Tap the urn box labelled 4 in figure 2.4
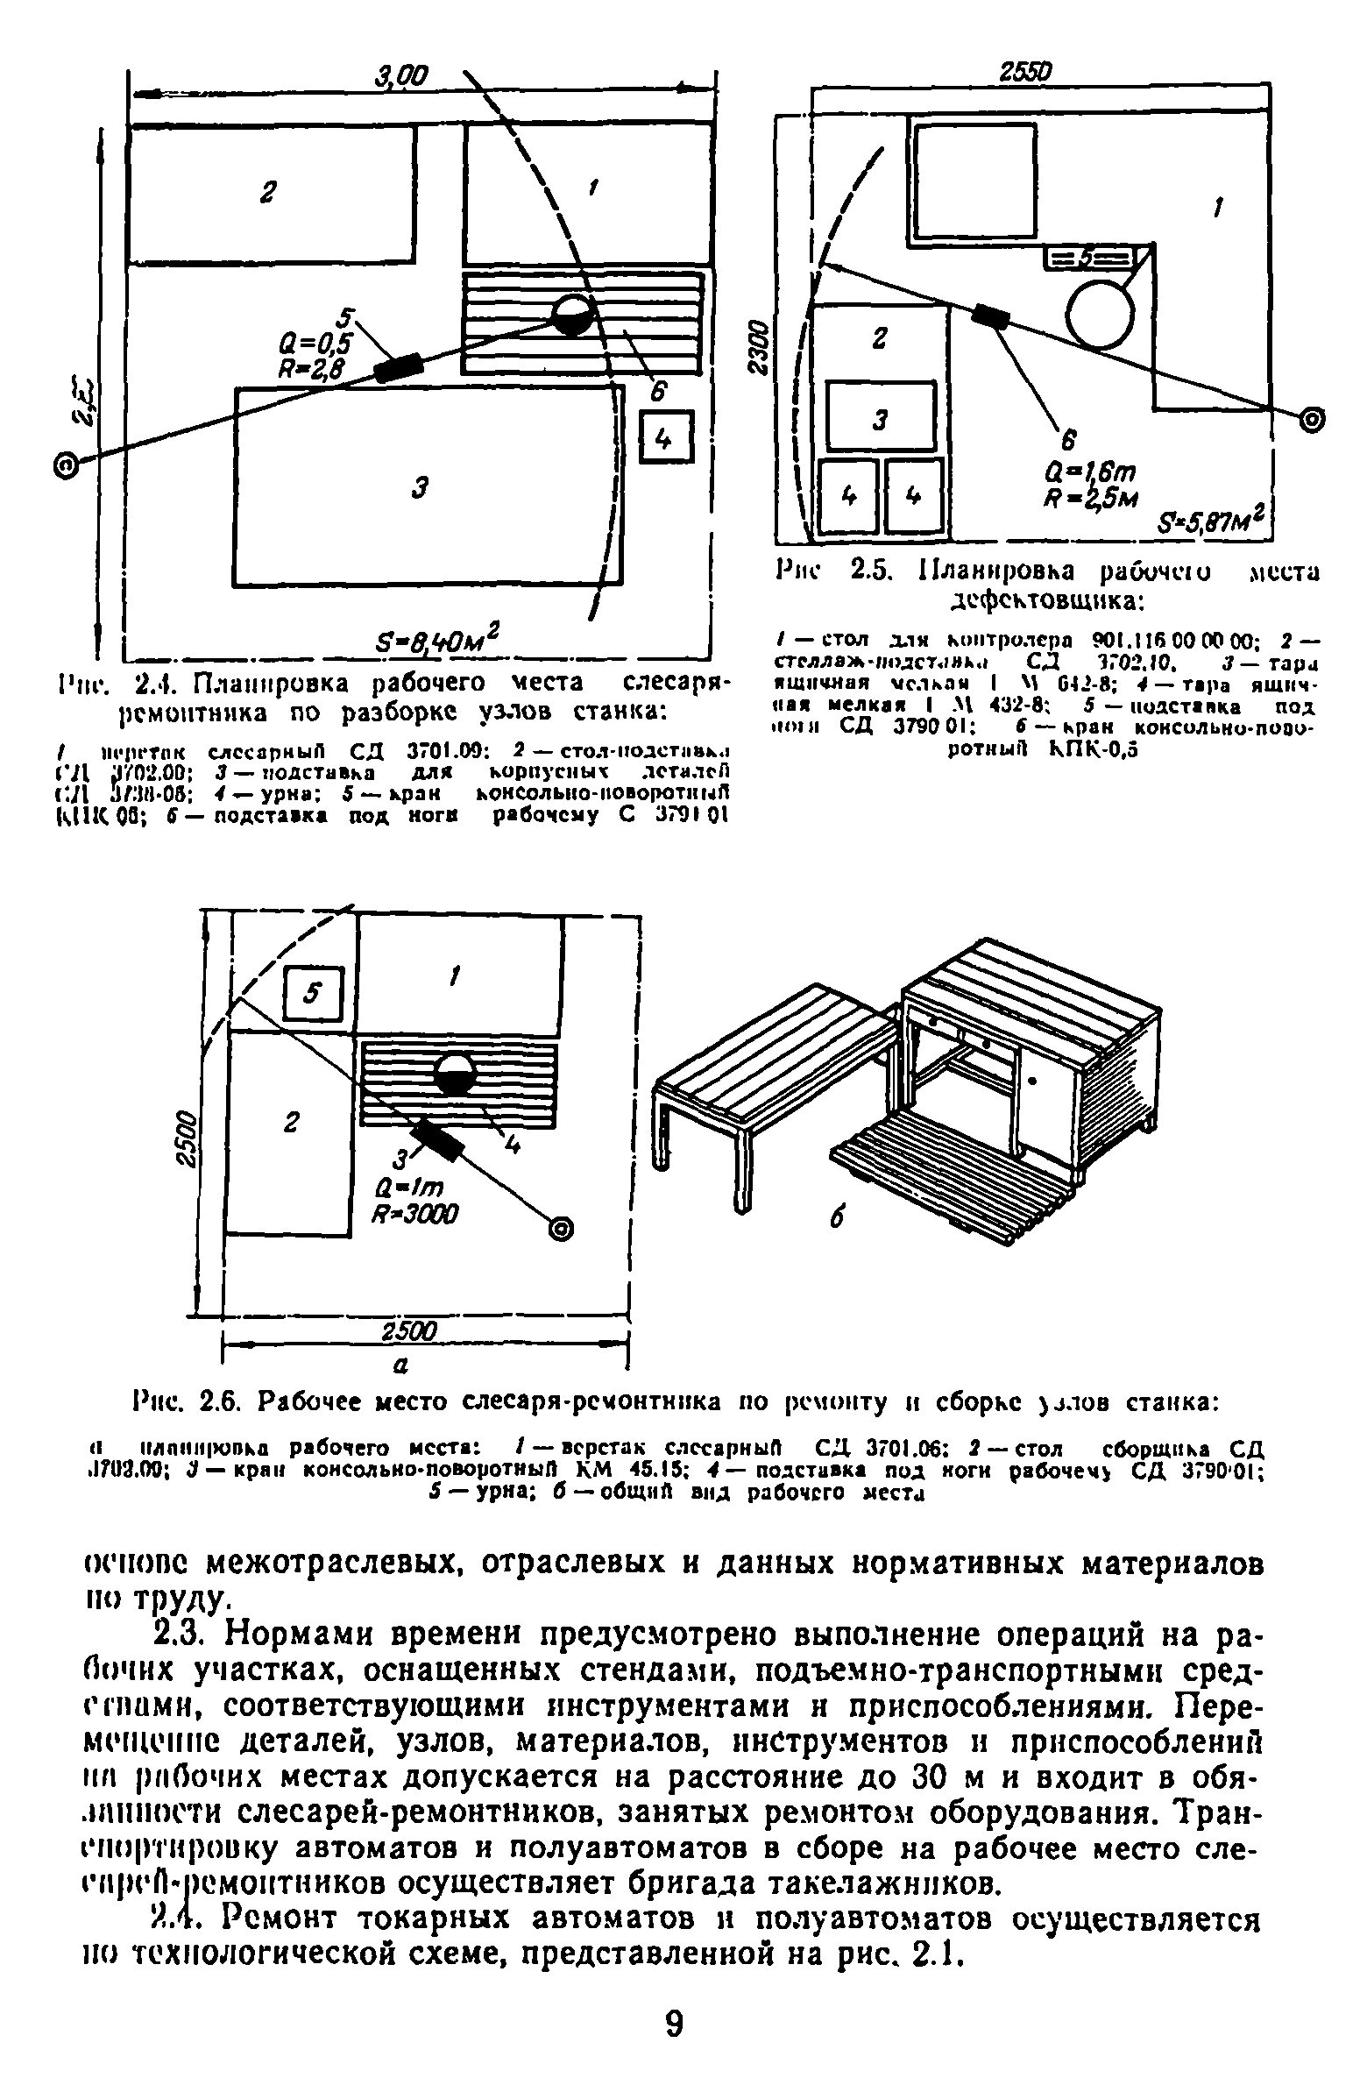667,439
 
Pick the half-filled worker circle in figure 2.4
574,315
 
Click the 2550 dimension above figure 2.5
1024,74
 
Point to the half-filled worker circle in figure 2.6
455,1073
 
